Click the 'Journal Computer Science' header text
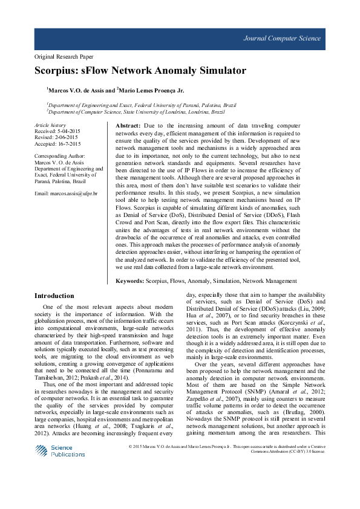click(x=281, y=39)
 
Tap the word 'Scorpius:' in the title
click(x=56, y=71)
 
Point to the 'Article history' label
click(x=50, y=125)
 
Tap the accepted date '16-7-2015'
click(x=73, y=144)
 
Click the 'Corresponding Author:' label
click(x=60, y=157)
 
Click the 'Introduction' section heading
click(x=54, y=296)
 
